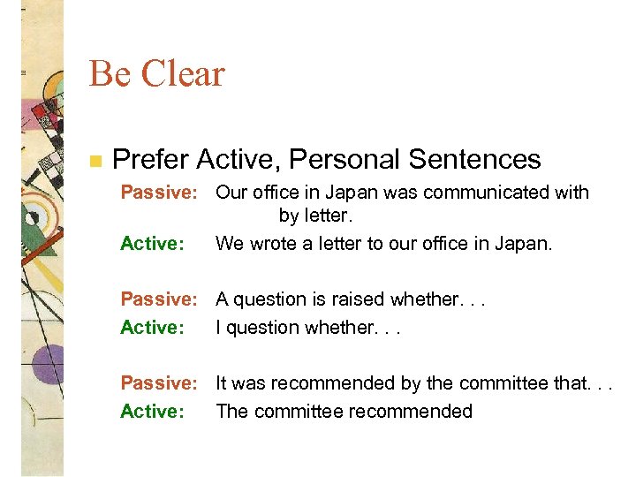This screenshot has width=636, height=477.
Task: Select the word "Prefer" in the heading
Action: tap(151, 160)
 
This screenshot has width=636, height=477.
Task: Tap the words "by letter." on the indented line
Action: tap(314, 215)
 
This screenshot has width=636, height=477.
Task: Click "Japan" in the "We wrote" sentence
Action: tap(522, 243)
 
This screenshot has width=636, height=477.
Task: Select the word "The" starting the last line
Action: tap(231, 412)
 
